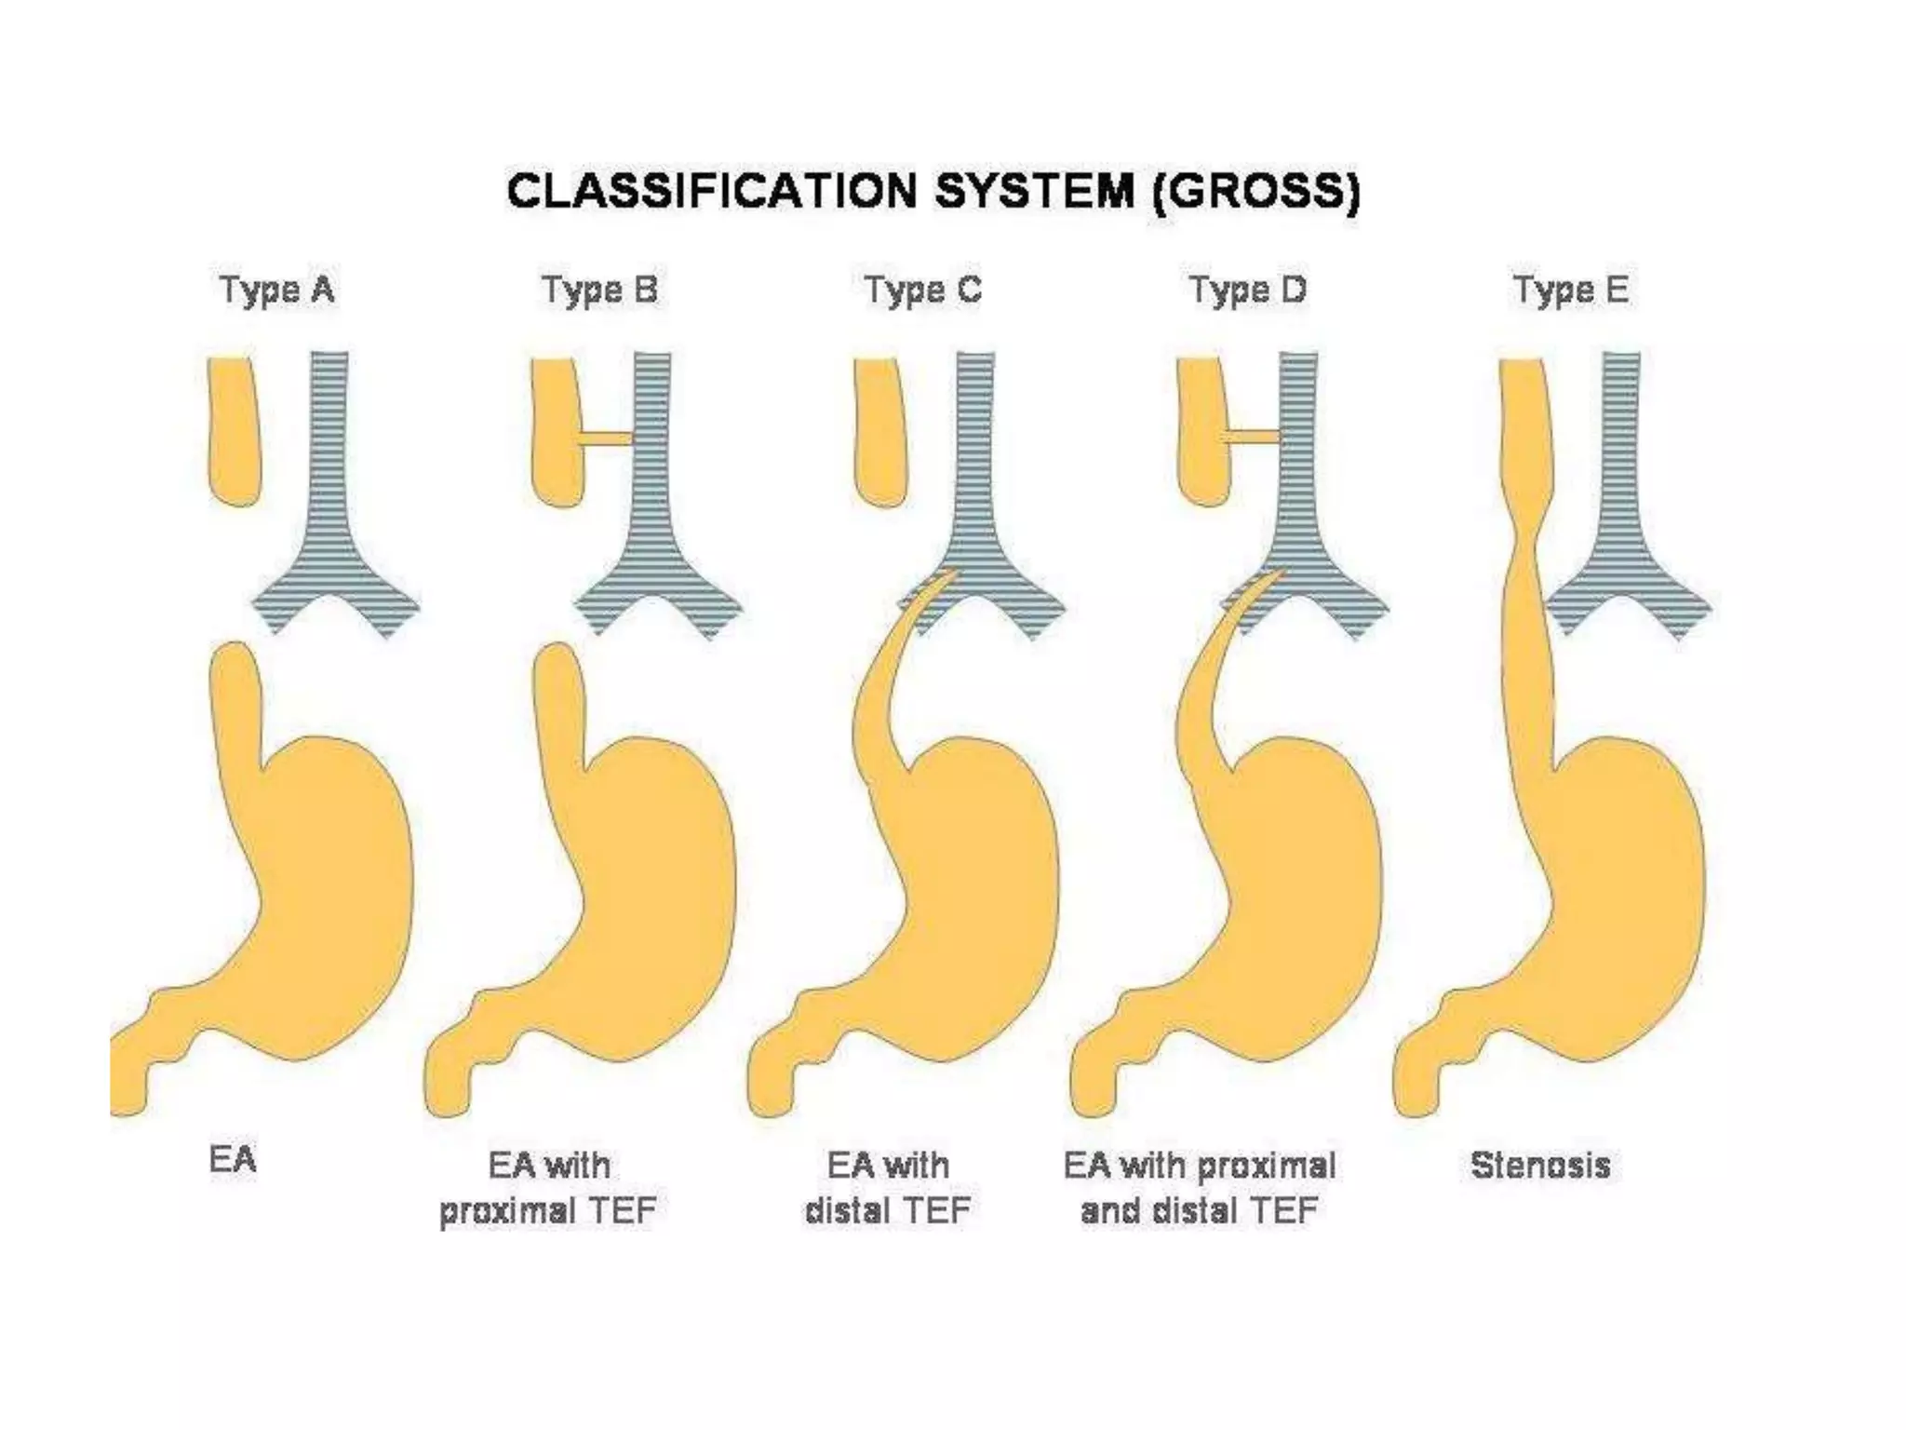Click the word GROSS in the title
(x=1255, y=192)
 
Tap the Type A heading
(x=276, y=290)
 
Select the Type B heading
(x=599, y=290)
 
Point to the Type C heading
(x=922, y=290)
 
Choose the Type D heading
(x=1247, y=290)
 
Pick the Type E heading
(x=1570, y=290)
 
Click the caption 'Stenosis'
(x=1540, y=1166)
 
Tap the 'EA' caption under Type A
(x=233, y=1161)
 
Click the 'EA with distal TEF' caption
(x=888, y=1188)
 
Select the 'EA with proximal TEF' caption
(x=548, y=1188)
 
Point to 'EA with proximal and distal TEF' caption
(x=1200, y=1188)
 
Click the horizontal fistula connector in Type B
(x=606, y=438)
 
